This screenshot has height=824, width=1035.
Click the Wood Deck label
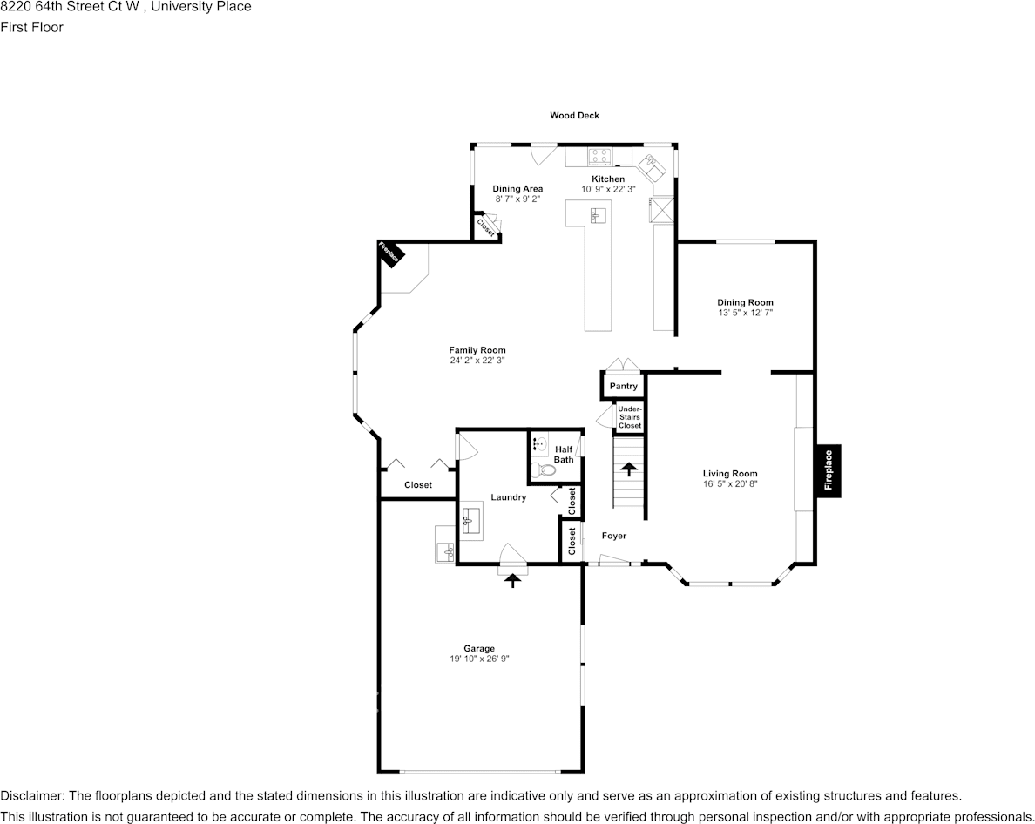pyautogui.click(x=574, y=115)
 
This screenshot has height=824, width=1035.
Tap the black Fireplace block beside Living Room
pyautogui.click(x=828, y=470)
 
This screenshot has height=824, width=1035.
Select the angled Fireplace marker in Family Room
pyautogui.click(x=389, y=253)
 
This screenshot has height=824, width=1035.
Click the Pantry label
pyautogui.click(x=623, y=386)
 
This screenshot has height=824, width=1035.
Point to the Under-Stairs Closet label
pyautogui.click(x=629, y=417)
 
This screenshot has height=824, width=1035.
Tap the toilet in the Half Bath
pyautogui.click(x=544, y=470)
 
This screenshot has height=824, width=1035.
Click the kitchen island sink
pyautogui.click(x=598, y=215)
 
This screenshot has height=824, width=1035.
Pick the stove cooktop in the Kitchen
pyautogui.click(x=599, y=157)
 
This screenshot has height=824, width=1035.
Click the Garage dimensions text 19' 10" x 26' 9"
pyautogui.click(x=479, y=659)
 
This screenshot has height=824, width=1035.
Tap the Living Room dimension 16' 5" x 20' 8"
pyautogui.click(x=730, y=483)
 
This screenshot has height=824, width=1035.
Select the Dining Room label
pyautogui.click(x=745, y=302)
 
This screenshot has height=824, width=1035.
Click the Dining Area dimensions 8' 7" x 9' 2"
pyautogui.click(x=517, y=199)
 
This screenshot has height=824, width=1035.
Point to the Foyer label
pyautogui.click(x=613, y=536)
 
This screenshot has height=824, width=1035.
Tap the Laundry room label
pyautogui.click(x=508, y=497)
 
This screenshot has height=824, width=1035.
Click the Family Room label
pyautogui.click(x=477, y=350)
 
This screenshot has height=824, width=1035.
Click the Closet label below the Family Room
pyautogui.click(x=418, y=484)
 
